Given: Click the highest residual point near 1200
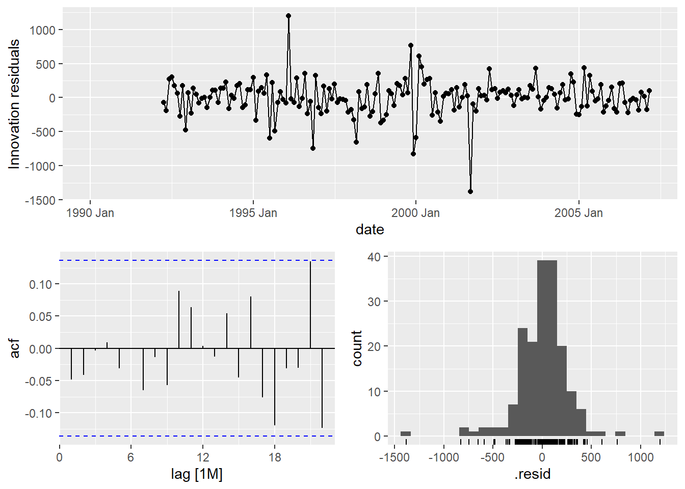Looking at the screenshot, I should point(288,16).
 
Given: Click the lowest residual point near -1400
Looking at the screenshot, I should point(470,192).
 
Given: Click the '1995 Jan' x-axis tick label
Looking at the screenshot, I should point(253,213).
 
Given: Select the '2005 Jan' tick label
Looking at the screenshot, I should point(578,213).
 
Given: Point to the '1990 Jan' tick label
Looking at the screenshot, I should point(90,213).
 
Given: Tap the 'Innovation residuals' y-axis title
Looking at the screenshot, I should point(14,104).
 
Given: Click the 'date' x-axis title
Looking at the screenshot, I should point(370,230).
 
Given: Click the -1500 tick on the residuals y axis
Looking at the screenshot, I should point(42,200).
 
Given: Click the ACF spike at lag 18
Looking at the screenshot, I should point(275,387).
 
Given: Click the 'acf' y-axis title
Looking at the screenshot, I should point(15,348).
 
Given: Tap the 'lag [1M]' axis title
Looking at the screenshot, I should point(197,475).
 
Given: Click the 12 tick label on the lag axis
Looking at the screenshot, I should point(203,457).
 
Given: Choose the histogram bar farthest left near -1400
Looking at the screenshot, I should point(406,434).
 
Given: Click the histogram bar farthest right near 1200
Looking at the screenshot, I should point(659,434).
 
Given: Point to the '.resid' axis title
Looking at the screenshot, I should point(532,475).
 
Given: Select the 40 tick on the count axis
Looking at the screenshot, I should point(374,257).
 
